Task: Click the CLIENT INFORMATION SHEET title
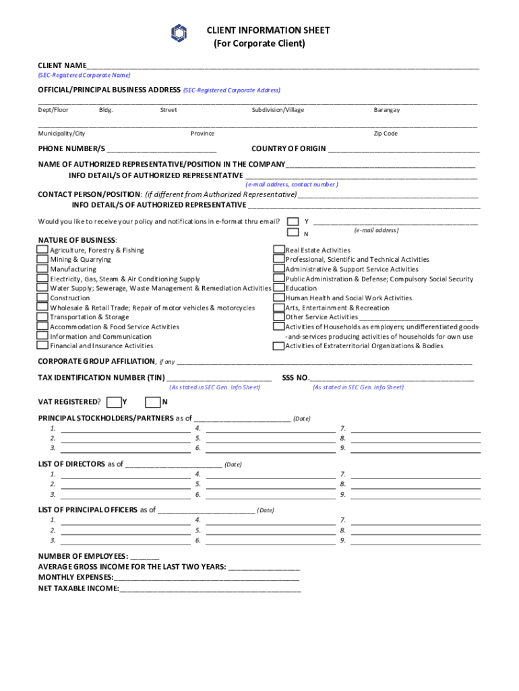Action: (x=268, y=30)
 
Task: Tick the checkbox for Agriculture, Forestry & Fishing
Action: (x=42, y=250)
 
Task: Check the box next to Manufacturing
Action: (x=42, y=269)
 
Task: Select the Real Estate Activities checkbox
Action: (x=278, y=250)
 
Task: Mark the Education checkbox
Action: (x=278, y=288)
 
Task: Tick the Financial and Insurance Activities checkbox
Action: (x=42, y=346)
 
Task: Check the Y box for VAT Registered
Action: (x=114, y=402)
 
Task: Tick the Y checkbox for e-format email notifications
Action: (x=293, y=221)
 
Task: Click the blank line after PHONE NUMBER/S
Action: (x=161, y=150)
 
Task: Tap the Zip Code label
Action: (x=386, y=134)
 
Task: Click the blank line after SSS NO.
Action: (x=392, y=379)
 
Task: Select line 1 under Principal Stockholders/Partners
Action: (x=125, y=429)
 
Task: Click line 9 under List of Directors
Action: (x=416, y=495)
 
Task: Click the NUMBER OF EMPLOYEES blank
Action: (x=145, y=557)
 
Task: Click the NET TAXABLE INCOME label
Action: (x=78, y=588)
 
